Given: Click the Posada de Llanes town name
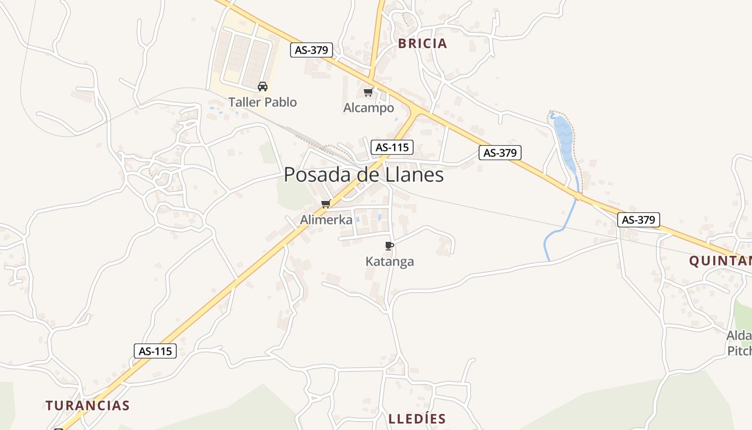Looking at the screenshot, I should (364, 175).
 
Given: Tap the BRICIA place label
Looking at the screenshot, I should (422, 44).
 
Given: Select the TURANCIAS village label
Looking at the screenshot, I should (88, 405).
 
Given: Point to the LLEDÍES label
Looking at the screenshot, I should (417, 419).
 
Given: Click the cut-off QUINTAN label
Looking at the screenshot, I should (720, 261).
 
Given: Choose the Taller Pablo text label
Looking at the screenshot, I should (262, 102).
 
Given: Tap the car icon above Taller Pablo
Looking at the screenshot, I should (263, 86).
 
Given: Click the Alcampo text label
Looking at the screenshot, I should (368, 108).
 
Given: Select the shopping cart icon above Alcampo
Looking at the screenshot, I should (368, 92).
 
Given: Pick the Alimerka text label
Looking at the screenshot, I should (326, 220).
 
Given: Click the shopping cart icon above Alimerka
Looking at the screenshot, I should (325, 204).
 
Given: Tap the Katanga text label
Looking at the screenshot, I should (389, 262).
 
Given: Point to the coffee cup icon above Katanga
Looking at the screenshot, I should (389, 246).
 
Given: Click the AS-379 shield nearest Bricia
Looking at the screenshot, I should (312, 50).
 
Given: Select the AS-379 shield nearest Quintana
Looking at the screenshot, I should (638, 219).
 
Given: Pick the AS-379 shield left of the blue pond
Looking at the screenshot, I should (500, 153).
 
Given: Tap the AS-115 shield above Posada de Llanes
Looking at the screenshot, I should (392, 147).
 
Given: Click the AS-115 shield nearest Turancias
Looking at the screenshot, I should (155, 351).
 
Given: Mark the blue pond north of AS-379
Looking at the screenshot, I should (565, 140).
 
